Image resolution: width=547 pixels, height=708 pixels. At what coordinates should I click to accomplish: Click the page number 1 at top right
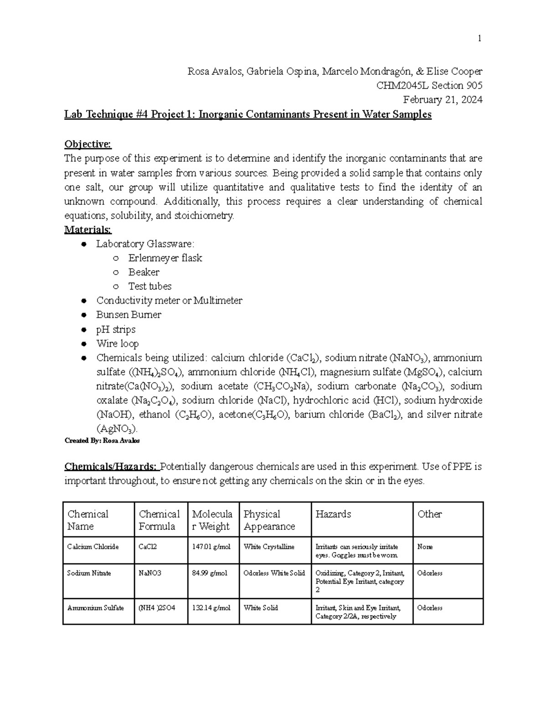[x=479, y=39]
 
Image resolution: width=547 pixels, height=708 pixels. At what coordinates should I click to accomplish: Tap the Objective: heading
[x=88, y=144]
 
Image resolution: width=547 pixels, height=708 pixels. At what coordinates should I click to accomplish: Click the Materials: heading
[x=88, y=229]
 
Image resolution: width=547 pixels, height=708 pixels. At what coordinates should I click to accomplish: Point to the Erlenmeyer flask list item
[x=165, y=258]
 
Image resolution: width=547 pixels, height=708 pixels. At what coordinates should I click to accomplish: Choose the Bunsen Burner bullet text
[x=129, y=315]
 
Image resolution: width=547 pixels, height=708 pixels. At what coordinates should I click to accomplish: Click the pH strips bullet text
[x=116, y=329]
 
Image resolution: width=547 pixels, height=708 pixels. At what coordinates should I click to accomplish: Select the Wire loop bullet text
[x=117, y=343]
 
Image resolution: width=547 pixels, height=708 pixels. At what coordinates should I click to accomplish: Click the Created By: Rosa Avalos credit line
[x=102, y=440]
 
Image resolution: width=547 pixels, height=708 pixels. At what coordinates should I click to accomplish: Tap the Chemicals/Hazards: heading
[x=111, y=466]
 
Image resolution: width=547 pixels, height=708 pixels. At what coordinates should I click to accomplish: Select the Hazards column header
[x=333, y=514]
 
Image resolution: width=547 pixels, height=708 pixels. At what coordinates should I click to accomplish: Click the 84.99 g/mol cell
[x=210, y=573]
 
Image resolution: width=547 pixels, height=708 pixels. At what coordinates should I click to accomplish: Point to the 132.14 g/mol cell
[x=211, y=608]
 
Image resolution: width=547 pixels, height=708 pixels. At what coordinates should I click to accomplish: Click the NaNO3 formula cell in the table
[x=150, y=573]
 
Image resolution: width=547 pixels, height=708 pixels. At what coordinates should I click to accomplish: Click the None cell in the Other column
[x=425, y=547]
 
